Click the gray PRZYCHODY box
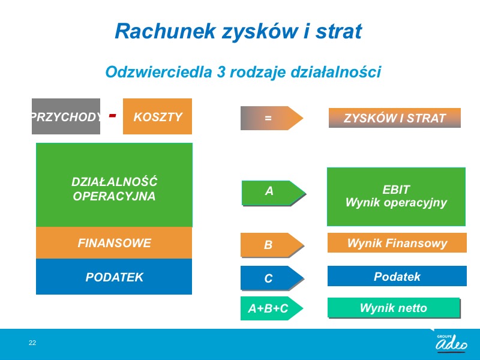click(x=66, y=116)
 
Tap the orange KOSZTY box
click(x=157, y=116)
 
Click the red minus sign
click(x=113, y=115)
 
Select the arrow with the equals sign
click(x=272, y=118)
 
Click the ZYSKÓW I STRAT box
click(x=395, y=118)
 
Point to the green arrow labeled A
click(x=274, y=193)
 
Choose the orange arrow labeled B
click(x=272, y=245)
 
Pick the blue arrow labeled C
click(x=272, y=278)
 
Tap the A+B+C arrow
click(x=272, y=308)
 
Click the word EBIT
click(x=396, y=190)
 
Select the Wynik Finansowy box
click(x=397, y=243)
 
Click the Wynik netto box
click(x=394, y=308)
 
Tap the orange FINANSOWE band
click(x=114, y=243)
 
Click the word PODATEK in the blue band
click(x=115, y=277)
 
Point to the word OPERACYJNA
click(x=114, y=196)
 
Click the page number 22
click(x=32, y=343)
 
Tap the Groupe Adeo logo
click(x=451, y=342)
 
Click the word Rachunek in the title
click(x=166, y=31)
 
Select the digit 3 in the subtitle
click(x=221, y=72)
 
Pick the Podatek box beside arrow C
click(x=397, y=276)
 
